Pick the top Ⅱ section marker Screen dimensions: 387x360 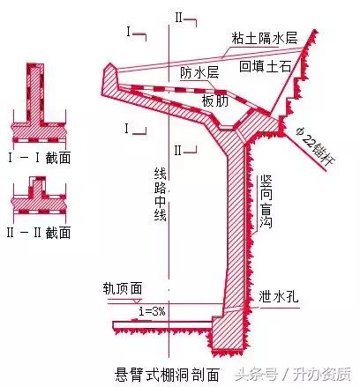click(178, 16)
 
